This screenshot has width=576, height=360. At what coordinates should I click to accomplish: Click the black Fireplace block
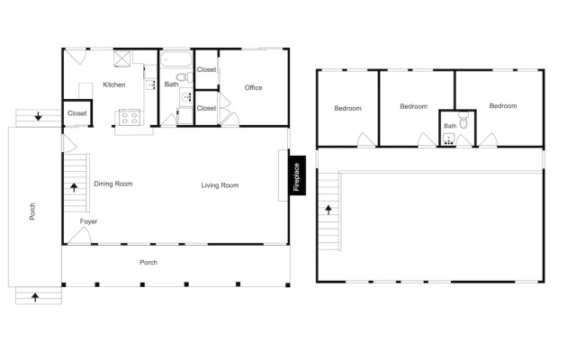297,175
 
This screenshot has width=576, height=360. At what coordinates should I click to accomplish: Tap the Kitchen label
114,85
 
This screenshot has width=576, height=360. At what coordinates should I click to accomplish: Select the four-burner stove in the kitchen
130,118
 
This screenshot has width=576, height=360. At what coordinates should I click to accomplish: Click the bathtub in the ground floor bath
176,58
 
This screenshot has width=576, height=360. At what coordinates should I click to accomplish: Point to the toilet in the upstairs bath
463,120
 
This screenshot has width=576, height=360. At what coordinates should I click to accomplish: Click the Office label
254,88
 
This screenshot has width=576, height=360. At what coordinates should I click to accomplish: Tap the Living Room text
220,185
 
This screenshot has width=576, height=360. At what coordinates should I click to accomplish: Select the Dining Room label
113,184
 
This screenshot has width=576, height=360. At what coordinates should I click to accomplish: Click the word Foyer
88,221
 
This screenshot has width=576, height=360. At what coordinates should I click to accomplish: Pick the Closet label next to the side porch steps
77,113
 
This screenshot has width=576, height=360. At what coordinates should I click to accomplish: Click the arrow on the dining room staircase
74,187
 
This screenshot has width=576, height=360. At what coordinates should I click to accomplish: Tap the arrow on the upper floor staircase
328,210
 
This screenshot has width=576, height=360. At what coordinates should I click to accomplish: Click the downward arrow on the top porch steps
38,116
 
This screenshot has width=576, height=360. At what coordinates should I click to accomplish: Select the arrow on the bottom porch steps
35,297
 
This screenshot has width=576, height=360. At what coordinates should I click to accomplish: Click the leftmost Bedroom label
348,108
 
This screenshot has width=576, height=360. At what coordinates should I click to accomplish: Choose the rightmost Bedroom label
503,106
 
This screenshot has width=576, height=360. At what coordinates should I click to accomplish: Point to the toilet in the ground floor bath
184,77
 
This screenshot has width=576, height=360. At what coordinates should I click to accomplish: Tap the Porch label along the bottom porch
148,262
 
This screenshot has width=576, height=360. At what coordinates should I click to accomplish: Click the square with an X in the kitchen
122,59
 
